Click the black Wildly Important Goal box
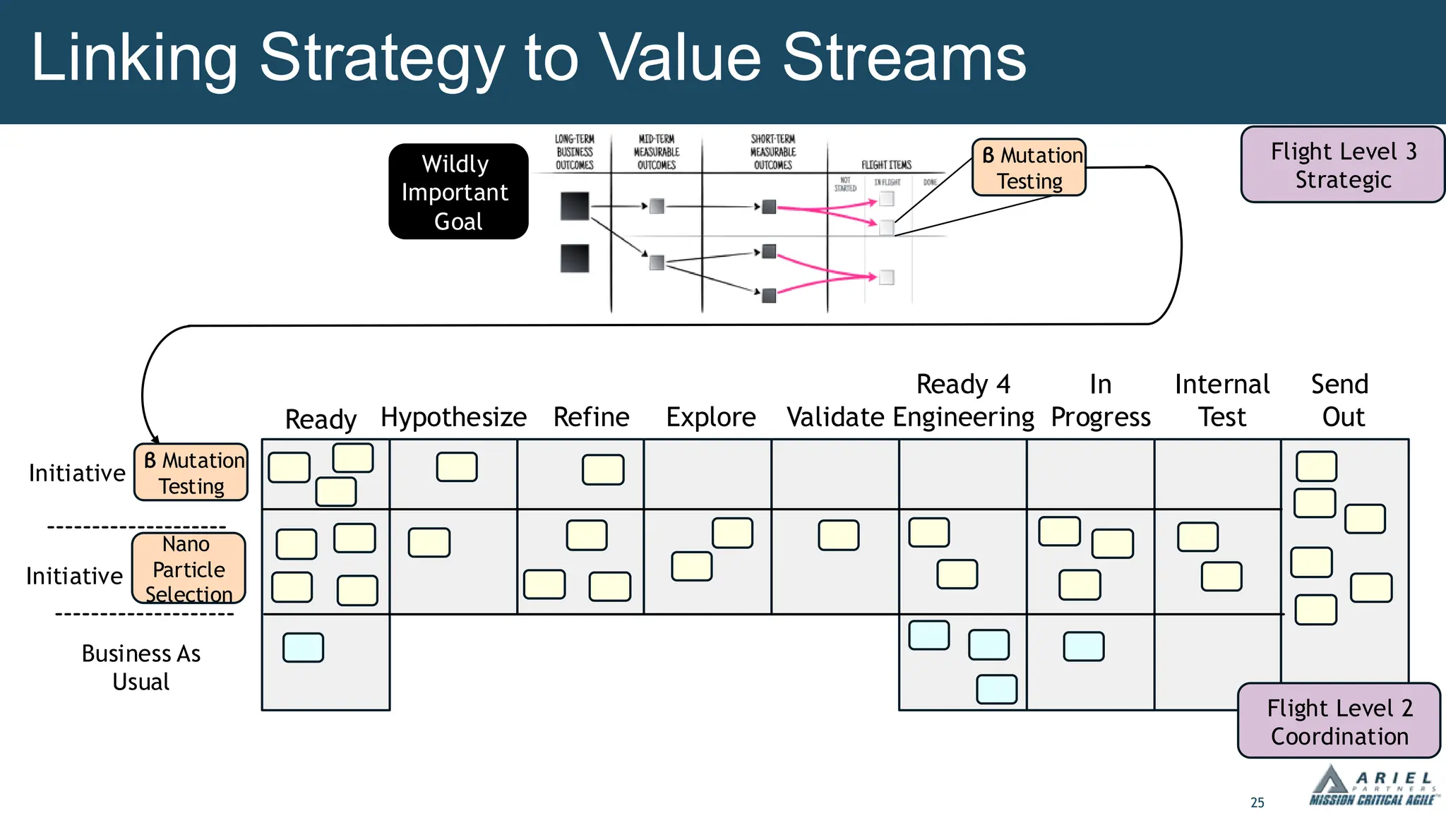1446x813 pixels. point(458,192)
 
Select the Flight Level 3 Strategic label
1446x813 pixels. point(1342,165)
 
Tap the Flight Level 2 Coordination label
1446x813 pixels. point(1339,721)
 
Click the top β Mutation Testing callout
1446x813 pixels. point(1029,168)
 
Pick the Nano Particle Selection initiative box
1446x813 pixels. point(189,569)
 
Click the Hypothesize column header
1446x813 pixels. point(453,417)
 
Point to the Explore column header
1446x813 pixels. point(710,417)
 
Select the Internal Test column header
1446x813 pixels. point(1221,400)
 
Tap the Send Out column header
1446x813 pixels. point(1340,400)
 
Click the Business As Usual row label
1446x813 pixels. point(141,667)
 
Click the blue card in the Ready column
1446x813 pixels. point(303,647)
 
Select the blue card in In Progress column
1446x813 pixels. point(1083,646)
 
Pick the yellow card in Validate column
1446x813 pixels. point(838,535)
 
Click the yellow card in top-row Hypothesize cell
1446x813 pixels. point(457,467)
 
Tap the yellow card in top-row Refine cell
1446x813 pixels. point(603,470)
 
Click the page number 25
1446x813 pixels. point(1257,802)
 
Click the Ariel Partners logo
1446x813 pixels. point(1372,787)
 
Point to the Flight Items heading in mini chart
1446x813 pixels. point(886,165)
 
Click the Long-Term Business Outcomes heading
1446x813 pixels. point(574,152)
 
